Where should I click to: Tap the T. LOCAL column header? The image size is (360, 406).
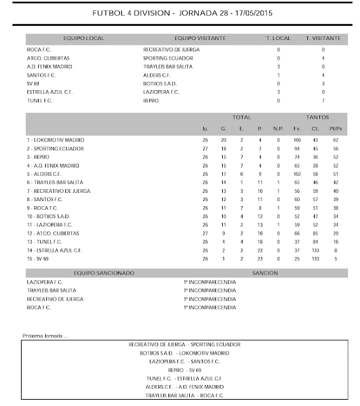pos(278,39)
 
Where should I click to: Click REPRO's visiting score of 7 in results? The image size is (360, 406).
pos(323,101)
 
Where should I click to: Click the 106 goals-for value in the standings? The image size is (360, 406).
pos(297,140)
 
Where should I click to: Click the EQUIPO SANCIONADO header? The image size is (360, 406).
pos(104,272)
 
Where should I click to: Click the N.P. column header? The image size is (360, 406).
pos(277,129)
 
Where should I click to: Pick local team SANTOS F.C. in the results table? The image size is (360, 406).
pos(43,74)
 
